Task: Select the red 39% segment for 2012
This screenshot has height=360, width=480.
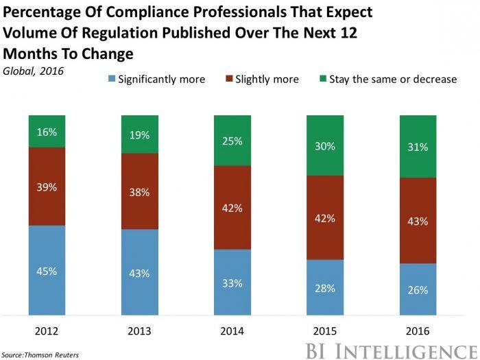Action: coord(47,186)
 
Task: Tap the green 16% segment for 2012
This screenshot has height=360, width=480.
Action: coord(47,131)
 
